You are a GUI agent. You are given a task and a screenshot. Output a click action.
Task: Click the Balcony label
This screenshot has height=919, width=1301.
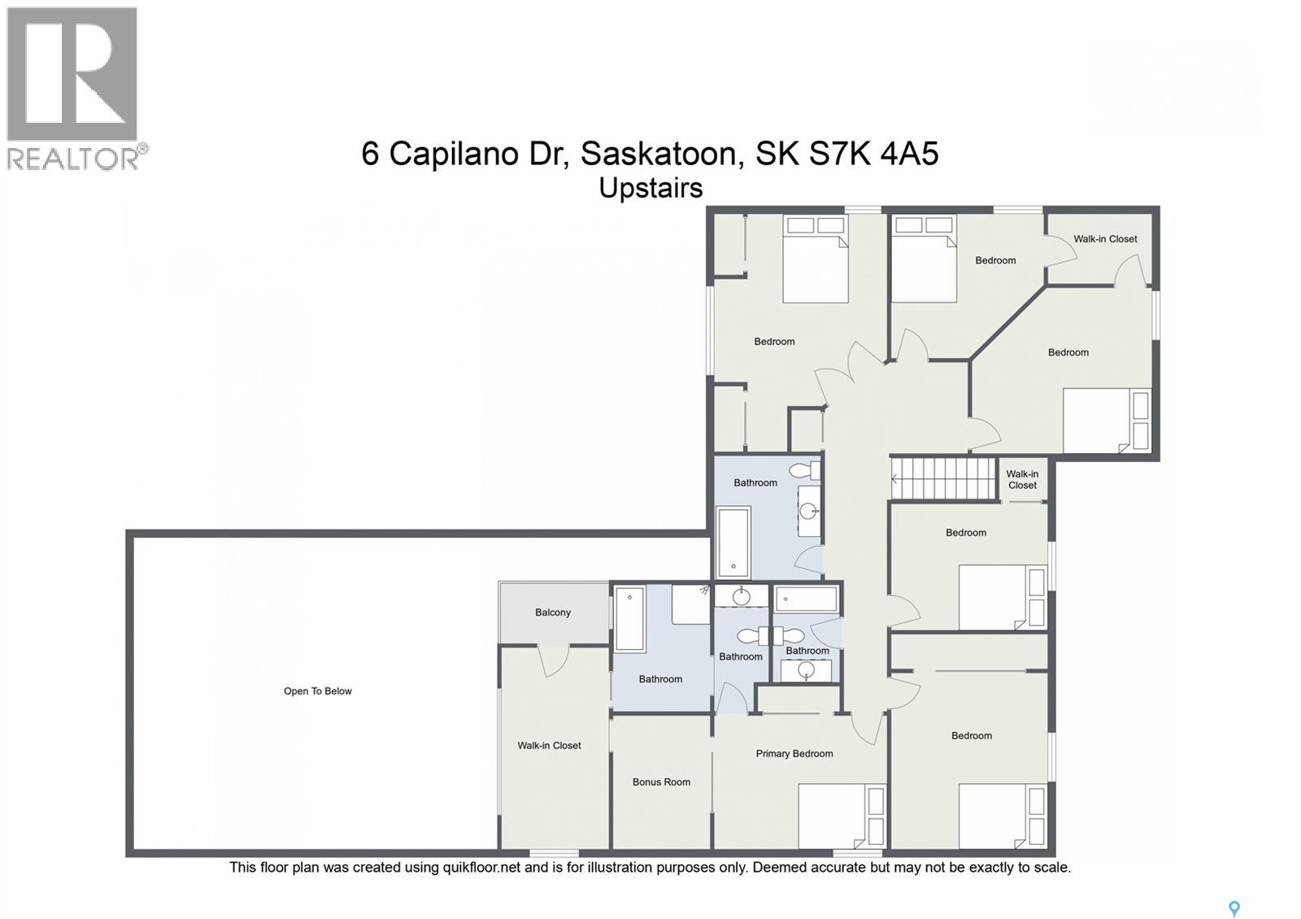pos(553,612)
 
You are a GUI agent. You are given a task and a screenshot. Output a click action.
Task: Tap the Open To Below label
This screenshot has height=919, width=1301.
pos(317,691)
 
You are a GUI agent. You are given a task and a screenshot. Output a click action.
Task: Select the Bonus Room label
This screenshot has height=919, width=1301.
pos(661,782)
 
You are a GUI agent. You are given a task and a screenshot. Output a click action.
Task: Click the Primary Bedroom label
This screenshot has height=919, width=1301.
pos(794,754)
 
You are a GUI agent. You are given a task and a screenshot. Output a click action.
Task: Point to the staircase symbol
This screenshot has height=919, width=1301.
pos(944,478)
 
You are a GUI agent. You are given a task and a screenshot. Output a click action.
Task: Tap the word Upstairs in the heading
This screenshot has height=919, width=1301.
pos(650,188)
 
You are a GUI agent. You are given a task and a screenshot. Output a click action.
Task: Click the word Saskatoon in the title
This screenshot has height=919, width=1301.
pos(659,153)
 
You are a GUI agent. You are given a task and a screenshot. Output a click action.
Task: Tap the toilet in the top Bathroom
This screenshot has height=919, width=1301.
pos(807,471)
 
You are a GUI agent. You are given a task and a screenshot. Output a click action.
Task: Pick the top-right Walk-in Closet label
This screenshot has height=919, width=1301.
pos(1105,239)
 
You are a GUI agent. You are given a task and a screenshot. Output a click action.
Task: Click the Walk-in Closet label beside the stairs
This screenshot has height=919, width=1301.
pos(1022,480)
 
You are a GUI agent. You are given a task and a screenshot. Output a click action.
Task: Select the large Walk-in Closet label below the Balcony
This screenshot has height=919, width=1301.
pos(549,746)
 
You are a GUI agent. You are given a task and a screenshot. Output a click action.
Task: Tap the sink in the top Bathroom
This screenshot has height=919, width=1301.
pos(807,511)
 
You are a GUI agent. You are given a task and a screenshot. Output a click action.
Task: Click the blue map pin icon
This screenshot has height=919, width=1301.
pos(1234,908)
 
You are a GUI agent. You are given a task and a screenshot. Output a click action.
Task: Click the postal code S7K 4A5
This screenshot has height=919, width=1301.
pos(873,153)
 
